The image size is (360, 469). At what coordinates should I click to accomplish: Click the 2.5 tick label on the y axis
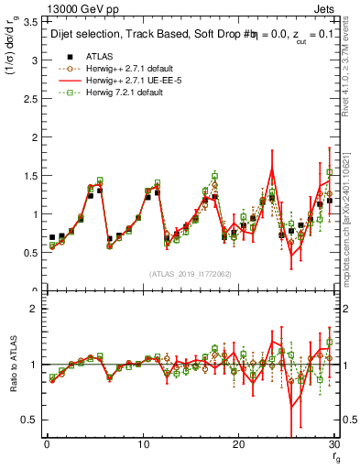tap(31, 99)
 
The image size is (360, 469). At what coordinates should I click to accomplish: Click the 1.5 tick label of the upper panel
tap(31, 176)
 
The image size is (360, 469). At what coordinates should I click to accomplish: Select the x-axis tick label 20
tap(238, 444)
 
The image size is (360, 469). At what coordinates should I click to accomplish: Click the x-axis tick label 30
tap(333, 444)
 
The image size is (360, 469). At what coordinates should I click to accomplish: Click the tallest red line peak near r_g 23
tap(272, 169)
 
